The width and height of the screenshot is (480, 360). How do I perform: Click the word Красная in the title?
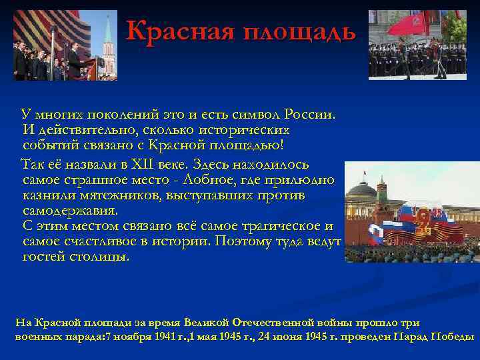click(175, 31)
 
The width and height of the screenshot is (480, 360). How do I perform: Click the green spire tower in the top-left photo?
click(108, 40)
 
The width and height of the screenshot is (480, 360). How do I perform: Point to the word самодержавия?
click(69, 211)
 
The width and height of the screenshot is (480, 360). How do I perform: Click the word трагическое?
click(271, 226)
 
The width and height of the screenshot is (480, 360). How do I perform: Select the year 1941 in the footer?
click(164, 337)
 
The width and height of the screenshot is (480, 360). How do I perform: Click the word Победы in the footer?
click(453, 337)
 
